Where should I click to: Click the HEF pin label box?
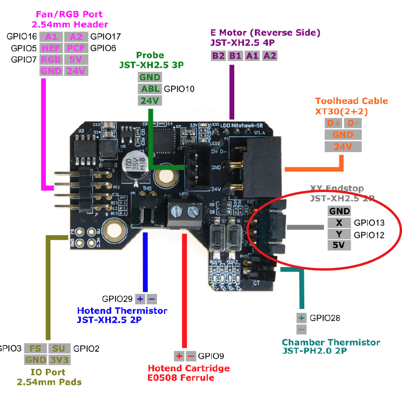51,48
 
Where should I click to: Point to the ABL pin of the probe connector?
150,89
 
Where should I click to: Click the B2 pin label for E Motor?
218,56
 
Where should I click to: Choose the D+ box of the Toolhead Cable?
333,124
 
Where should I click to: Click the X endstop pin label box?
339,222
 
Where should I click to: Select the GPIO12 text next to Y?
369,235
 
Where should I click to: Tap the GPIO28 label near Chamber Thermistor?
325,318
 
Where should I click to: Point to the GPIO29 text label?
117,299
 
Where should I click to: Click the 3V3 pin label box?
59,360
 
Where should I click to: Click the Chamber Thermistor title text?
331,342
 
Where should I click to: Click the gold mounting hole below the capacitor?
165,177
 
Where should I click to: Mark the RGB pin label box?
51,59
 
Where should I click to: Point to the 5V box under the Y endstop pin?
339,245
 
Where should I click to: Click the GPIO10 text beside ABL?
179,89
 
